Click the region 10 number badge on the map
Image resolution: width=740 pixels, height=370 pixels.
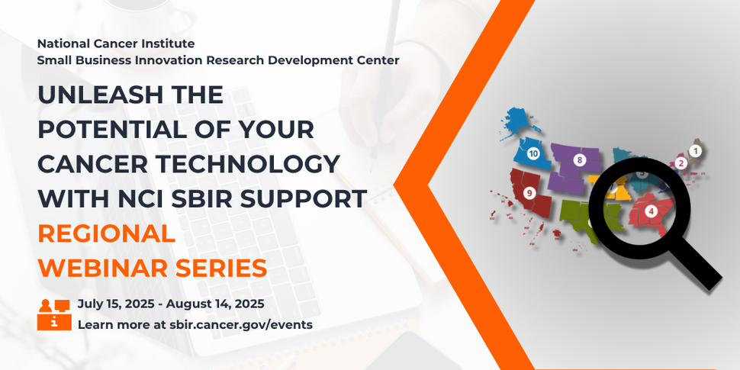[533, 153]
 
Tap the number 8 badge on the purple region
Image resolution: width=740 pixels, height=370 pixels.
[580, 159]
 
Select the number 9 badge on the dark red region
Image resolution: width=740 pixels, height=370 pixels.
[529, 194]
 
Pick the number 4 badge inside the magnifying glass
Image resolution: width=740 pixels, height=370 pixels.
[651, 211]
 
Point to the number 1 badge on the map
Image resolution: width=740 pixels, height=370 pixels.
[695, 151]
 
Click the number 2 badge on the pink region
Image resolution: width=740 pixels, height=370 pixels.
[681, 162]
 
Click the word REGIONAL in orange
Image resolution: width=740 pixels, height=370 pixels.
[106, 233]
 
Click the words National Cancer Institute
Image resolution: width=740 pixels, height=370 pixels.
[115, 43]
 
